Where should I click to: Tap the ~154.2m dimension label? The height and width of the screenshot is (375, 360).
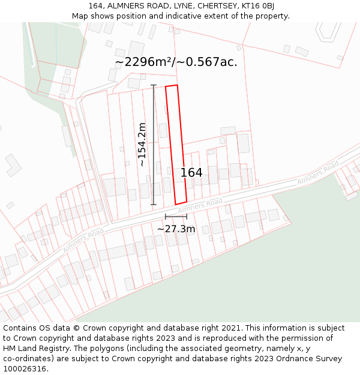(142, 145)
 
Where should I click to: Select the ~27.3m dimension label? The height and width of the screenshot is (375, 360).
(176, 229)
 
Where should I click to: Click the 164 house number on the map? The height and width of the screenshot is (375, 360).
(191, 173)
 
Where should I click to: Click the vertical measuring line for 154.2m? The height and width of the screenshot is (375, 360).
(154, 145)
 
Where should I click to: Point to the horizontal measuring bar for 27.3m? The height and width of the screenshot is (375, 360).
(176, 217)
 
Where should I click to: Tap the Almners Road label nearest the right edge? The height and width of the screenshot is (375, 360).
(318, 172)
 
